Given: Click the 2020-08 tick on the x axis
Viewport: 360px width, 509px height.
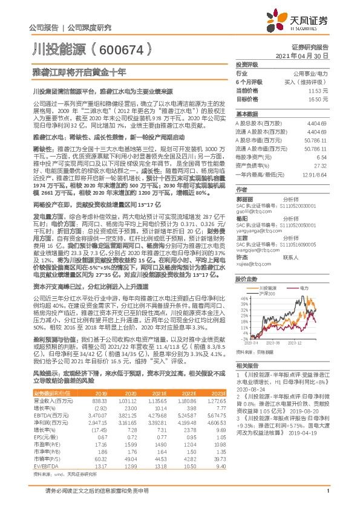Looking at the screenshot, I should pos(275,343).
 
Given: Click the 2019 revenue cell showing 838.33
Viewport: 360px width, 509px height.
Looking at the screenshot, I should pos(99,401).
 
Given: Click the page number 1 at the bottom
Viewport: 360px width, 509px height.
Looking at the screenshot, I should pos(327,498).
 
